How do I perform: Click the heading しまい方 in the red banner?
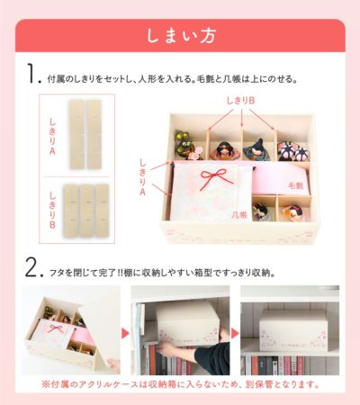(181, 36)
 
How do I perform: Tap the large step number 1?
(32, 73)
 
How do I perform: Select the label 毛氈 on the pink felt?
(295, 185)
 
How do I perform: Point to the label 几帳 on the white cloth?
(239, 214)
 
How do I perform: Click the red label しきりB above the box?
(240, 101)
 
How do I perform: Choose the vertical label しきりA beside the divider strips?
(52, 137)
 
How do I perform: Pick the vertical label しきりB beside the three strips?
(52, 210)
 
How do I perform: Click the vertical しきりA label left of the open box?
(143, 177)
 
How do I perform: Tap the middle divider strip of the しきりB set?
(87, 211)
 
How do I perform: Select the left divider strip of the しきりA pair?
(76, 134)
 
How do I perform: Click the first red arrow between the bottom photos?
(125, 333)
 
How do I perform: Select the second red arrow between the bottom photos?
(235, 333)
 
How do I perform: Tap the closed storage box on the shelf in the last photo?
(292, 330)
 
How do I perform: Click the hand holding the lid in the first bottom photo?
(114, 365)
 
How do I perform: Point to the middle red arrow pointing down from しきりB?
(242, 118)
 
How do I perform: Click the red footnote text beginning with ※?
(180, 384)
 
